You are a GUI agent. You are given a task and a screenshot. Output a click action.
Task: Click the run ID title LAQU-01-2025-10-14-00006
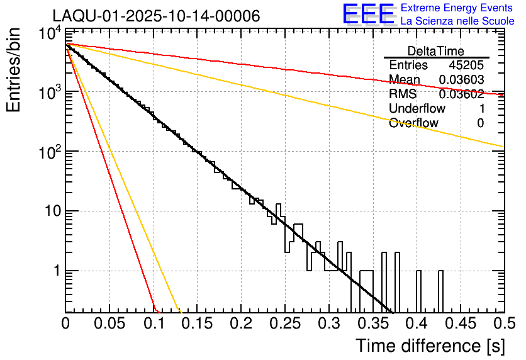(x=156, y=16)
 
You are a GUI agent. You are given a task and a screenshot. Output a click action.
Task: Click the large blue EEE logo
(x=368, y=15)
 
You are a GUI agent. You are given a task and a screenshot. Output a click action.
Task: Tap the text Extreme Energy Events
(x=457, y=8)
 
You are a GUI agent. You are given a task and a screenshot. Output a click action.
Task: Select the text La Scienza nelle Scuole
(x=457, y=21)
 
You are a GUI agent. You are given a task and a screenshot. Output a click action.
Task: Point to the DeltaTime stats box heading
(x=436, y=51)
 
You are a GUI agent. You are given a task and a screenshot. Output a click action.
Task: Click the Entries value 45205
(x=466, y=65)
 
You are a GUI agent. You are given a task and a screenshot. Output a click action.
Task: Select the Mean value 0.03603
(x=461, y=80)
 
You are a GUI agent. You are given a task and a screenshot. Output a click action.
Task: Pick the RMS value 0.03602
(x=461, y=94)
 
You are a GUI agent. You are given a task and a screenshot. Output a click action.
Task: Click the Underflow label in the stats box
(x=417, y=109)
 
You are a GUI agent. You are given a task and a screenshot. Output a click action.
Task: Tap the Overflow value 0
(x=480, y=123)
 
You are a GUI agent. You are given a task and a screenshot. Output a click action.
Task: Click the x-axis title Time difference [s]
(x=430, y=346)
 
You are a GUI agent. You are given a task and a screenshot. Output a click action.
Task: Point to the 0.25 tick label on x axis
(x=284, y=323)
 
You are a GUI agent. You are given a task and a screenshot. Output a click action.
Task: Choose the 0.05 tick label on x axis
(x=109, y=323)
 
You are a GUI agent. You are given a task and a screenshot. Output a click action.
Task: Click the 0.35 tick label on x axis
(x=372, y=323)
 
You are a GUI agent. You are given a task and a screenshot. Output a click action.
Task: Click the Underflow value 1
(x=480, y=109)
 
